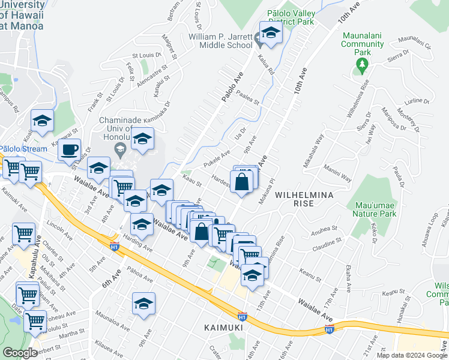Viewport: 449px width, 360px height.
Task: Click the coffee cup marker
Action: pyautogui.click(x=70, y=149)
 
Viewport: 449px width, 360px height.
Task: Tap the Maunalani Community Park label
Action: pyautogui.click(x=363, y=44)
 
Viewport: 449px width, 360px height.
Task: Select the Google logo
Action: pyautogui.click(x=20, y=353)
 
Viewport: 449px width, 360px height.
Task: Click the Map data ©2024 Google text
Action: pyautogui.click(x=411, y=355)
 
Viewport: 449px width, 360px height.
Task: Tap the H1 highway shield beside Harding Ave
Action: pyautogui.click(x=114, y=245)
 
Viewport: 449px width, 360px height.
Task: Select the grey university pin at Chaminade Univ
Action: pyautogui.click(x=120, y=149)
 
